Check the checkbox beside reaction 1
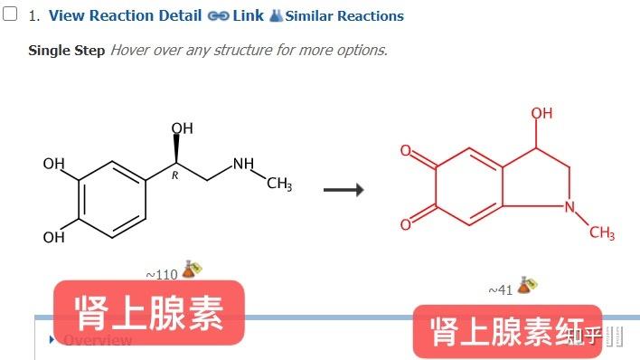(x=12, y=14)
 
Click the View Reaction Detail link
(x=125, y=15)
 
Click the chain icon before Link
(x=218, y=15)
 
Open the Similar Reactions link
(x=344, y=15)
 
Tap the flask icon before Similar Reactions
(x=277, y=15)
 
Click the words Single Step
(x=66, y=50)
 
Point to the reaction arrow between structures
(x=344, y=190)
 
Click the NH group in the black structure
(x=243, y=165)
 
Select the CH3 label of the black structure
(x=279, y=185)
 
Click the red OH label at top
(x=541, y=113)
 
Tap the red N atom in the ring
(x=569, y=206)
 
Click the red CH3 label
(x=602, y=233)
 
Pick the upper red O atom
(x=407, y=151)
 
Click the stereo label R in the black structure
(x=174, y=175)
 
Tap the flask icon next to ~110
(x=191, y=269)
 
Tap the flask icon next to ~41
(x=527, y=285)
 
